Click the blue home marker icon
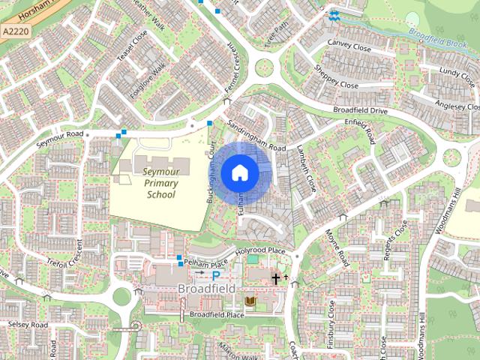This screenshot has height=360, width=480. point(238,172)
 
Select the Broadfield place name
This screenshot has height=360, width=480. point(207,288)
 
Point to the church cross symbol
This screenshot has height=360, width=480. point(276,279)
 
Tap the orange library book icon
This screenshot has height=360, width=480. point(251,301)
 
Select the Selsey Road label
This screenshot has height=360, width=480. point(28,325)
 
